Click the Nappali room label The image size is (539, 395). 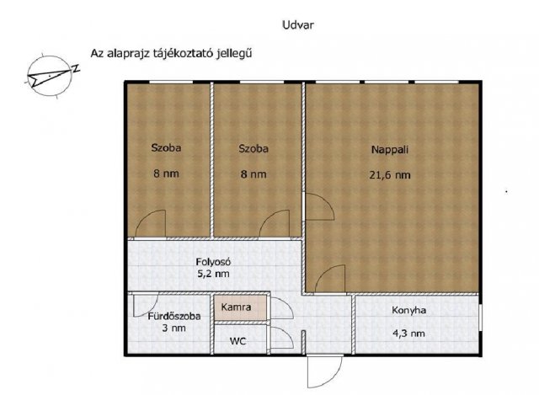point(390,149)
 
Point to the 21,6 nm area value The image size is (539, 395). point(390,175)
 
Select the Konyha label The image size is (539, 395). point(409,310)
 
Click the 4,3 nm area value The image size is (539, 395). point(409,333)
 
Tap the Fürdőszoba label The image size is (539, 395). point(173,317)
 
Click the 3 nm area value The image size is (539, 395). point(173,329)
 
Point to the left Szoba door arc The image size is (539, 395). point(148,225)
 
